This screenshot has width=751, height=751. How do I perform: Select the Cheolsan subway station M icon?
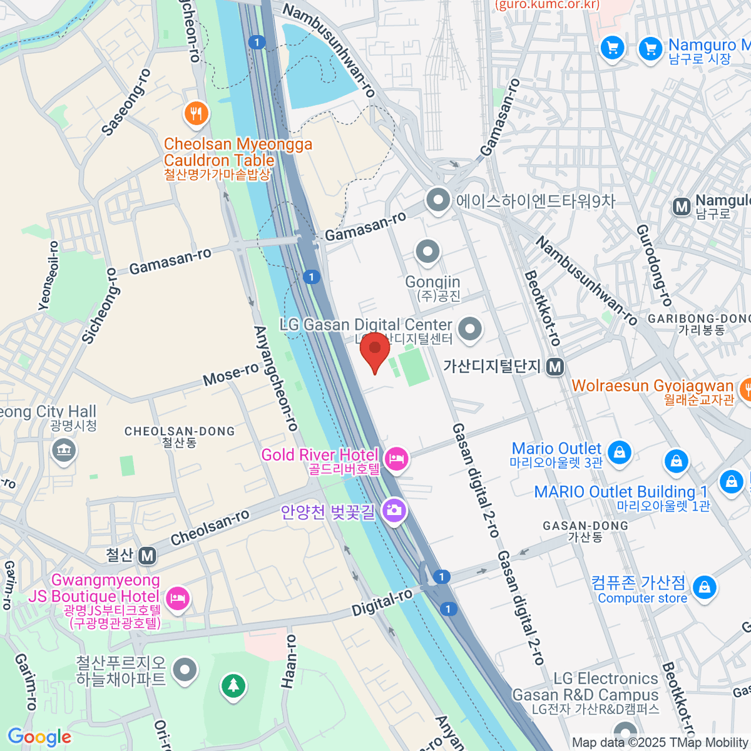[x=147, y=555]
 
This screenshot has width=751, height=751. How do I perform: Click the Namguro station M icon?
[x=681, y=207]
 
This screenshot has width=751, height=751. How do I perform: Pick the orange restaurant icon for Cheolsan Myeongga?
[x=197, y=113]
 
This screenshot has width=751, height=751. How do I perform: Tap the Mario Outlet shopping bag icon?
[x=620, y=451]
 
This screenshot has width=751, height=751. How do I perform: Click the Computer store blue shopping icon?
[x=705, y=587]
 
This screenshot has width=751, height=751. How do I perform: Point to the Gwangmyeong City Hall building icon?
[x=64, y=450]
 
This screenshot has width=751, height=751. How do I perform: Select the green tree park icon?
[x=233, y=685]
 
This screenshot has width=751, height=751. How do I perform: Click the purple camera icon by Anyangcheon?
[x=394, y=511]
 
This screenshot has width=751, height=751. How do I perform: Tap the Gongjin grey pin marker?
[x=428, y=252]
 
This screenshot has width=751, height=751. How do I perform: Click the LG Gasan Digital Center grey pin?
[x=469, y=329]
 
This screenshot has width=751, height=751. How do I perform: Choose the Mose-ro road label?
[x=230, y=374]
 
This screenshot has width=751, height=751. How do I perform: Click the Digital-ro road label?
[x=382, y=602]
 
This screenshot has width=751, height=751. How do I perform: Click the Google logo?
[x=39, y=737]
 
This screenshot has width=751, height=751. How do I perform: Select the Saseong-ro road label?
[x=126, y=103]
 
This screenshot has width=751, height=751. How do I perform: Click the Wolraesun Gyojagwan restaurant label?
[x=652, y=386]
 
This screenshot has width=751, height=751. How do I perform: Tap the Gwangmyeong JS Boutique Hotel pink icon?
[x=178, y=598]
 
